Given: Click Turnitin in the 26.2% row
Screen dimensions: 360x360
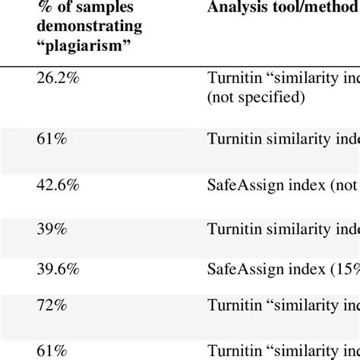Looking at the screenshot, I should [231, 77].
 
